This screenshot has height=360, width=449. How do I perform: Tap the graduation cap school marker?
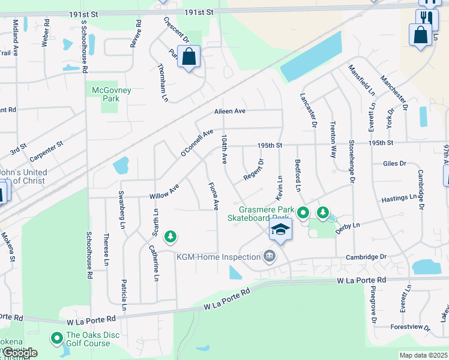pyautogui.click(x=280, y=229)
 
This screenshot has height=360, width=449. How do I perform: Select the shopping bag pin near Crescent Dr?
pyautogui.click(x=188, y=58)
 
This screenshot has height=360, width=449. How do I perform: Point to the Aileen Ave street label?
pyautogui.click(x=231, y=112)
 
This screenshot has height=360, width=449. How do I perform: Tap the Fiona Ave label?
pyautogui.click(x=212, y=196)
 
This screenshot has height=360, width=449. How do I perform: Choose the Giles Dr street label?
pyautogui.click(x=394, y=163)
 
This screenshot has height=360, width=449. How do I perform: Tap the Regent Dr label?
pyautogui.click(x=254, y=169)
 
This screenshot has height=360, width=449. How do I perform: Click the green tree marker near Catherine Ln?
pyautogui.click(x=171, y=236)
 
